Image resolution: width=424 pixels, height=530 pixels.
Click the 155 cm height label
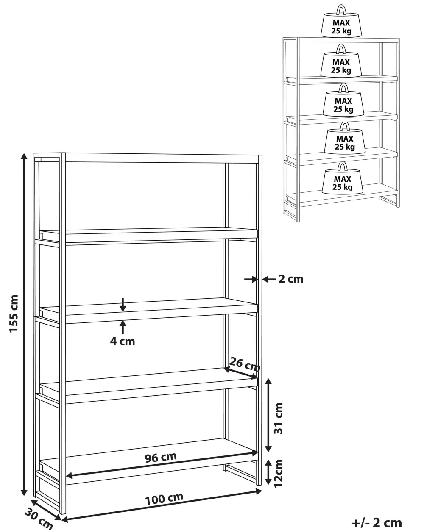(14, 314)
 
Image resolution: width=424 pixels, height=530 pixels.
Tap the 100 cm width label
(164, 499)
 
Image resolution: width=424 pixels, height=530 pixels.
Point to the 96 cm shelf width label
(160, 457)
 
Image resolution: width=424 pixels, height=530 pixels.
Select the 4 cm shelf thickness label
(123, 341)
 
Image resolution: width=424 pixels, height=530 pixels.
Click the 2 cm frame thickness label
(291, 279)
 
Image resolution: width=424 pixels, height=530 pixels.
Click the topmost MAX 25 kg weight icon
(341, 22)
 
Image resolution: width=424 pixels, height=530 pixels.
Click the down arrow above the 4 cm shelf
(123, 305)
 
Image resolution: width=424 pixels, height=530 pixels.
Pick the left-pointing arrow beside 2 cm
(269, 279)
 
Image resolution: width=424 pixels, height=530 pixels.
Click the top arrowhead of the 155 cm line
(24, 156)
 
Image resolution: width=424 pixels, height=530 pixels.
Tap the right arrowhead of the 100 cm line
(259, 491)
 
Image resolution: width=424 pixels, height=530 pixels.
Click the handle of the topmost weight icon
(341, 10)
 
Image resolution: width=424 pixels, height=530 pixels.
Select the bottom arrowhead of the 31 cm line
(269, 448)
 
